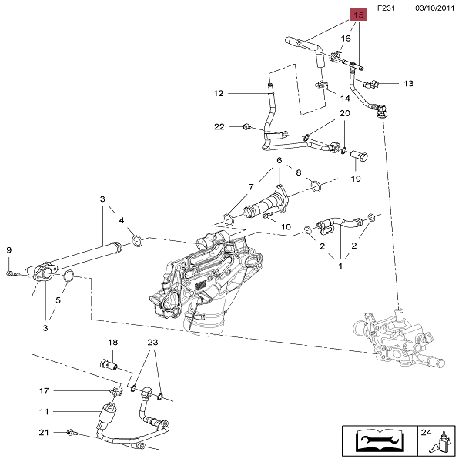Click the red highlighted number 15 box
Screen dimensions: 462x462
(358, 15)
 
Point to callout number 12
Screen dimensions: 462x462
(218, 94)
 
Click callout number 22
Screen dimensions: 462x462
(219, 126)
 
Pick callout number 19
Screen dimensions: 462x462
(356, 179)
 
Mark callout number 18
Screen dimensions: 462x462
(112, 342)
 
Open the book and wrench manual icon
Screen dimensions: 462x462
(376, 440)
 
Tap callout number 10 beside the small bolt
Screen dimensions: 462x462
(286, 227)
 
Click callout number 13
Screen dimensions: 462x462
(408, 83)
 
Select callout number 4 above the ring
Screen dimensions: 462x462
(121, 222)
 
